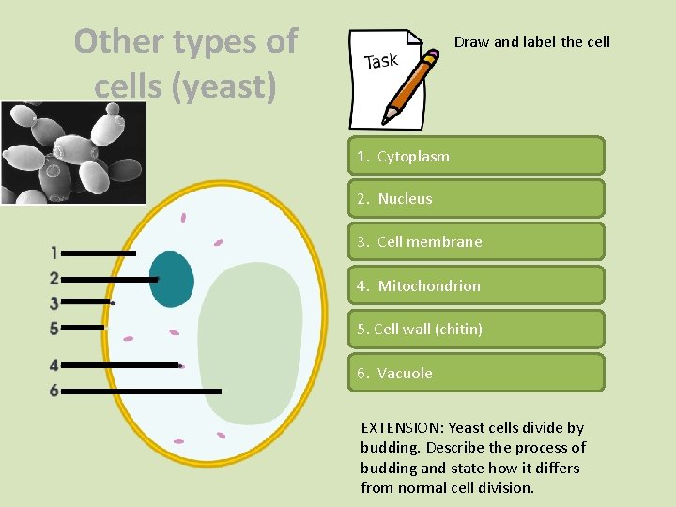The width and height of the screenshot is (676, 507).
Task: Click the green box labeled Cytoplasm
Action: click(476, 156)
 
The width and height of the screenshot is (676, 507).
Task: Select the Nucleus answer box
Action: click(476, 199)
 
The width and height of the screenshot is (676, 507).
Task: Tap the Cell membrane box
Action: click(476, 242)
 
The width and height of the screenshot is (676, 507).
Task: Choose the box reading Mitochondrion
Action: click(476, 285)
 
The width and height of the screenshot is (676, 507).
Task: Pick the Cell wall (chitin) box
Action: click(476, 330)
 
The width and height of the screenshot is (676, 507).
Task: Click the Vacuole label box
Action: click(476, 373)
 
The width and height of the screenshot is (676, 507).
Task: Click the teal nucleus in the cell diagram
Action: click(172, 279)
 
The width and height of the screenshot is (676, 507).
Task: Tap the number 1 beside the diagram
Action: click(54, 253)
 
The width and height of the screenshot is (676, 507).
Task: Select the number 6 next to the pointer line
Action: click(54, 391)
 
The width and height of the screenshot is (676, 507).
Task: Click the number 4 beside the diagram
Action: click(54, 365)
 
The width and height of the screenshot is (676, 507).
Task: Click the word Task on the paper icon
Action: click(381, 62)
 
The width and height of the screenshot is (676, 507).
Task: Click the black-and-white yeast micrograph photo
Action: click(73, 153)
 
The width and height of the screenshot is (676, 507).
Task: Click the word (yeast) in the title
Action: click(231, 86)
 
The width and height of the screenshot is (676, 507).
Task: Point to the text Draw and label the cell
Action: click(531, 41)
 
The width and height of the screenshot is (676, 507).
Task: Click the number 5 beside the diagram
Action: click(54, 328)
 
